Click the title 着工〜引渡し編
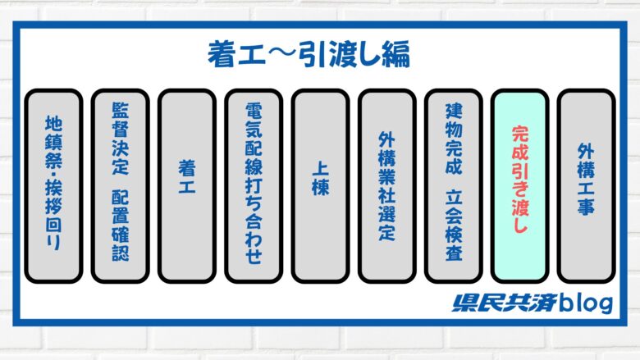[309, 55]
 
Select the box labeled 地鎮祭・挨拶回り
[53, 186]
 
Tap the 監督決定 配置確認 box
[120, 186]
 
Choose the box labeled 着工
[187, 186]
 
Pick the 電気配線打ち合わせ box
[254, 186]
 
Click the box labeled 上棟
[320, 186]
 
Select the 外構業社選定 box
[387, 186]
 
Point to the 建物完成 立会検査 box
[454, 186]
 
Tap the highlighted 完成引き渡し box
[519, 186]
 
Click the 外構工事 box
[586, 186]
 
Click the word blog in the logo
[585, 303]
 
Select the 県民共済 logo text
[504, 303]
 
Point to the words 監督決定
[120, 139]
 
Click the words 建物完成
[454, 139]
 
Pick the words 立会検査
[454, 225]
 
